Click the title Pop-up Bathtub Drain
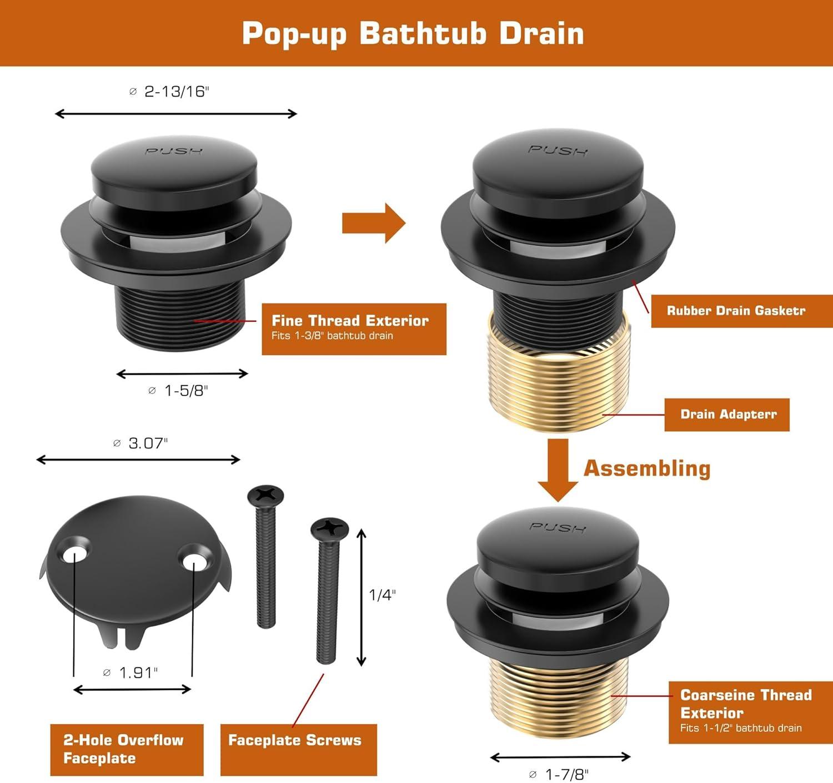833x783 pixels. tap(413, 33)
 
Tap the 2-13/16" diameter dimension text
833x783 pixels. tap(169, 92)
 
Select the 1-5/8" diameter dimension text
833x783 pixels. tap(178, 391)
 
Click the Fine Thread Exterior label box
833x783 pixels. tap(354, 329)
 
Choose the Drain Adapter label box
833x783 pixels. tap(727, 415)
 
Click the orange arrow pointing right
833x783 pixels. tap(374, 223)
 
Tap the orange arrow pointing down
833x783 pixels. tap(558, 470)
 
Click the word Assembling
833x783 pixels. tap(647, 468)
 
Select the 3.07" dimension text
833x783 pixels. tap(140, 443)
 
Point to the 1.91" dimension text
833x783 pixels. tap(131, 673)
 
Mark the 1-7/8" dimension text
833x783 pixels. tap(559, 774)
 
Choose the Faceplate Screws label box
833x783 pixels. tap(299, 749)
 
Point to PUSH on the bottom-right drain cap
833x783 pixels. tap(558, 527)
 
